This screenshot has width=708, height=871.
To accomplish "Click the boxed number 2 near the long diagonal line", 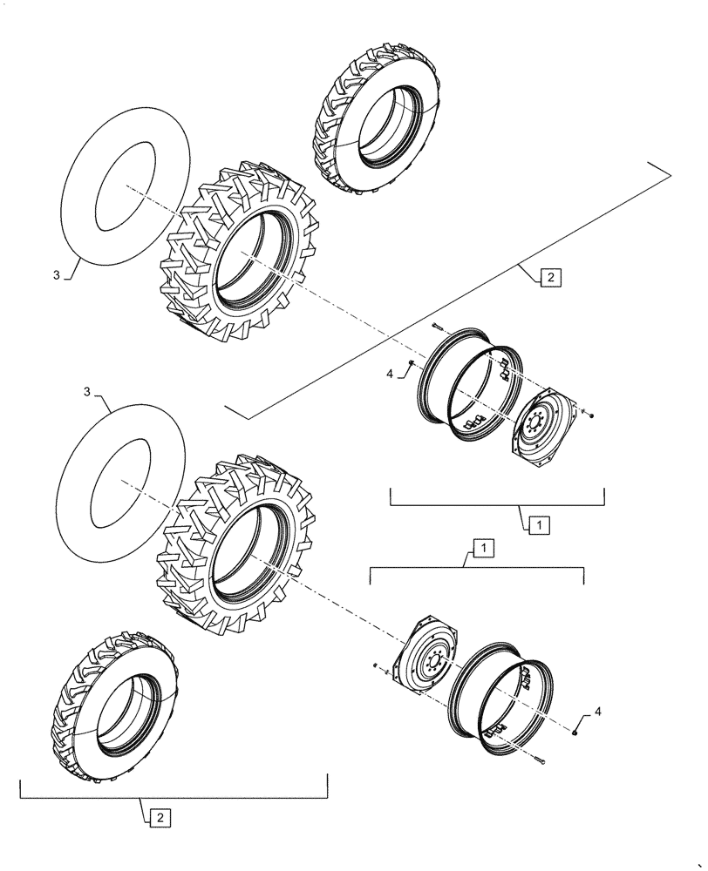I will click(551, 280).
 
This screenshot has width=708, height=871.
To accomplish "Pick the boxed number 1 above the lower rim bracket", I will click(480, 547).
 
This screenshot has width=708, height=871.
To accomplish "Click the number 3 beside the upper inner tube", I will click(58, 275).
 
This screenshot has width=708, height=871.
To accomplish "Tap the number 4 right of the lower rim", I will click(597, 712).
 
